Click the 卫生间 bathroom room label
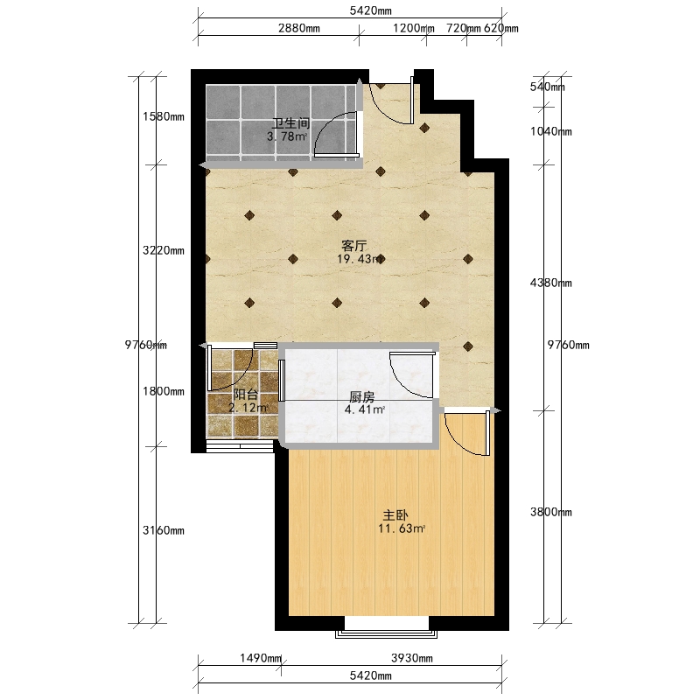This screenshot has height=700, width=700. (291, 122)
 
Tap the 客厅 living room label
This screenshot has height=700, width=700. (354, 246)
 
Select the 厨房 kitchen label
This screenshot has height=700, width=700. (361, 396)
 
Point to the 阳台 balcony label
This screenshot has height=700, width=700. (246, 395)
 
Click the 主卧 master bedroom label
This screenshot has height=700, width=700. (395, 515)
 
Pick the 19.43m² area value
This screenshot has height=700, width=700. (360, 259)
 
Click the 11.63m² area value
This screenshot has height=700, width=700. (402, 529)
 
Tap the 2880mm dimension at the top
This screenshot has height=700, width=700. (299, 28)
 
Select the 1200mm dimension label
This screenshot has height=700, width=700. (413, 28)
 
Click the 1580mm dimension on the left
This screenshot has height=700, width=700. (164, 116)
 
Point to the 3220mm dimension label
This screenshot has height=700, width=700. (164, 250)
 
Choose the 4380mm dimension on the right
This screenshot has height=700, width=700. (551, 283)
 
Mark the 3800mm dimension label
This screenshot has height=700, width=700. (551, 512)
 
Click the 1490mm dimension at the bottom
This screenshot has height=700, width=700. (261, 658)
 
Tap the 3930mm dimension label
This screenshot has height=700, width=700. (412, 658)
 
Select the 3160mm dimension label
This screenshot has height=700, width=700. (164, 530)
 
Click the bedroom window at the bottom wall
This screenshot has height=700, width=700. (386, 633)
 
